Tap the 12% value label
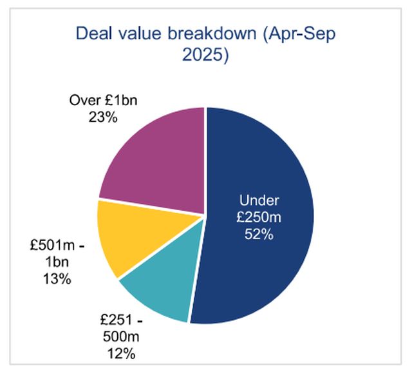(121, 353)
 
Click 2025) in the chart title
(206, 55)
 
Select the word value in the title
(135, 33)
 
